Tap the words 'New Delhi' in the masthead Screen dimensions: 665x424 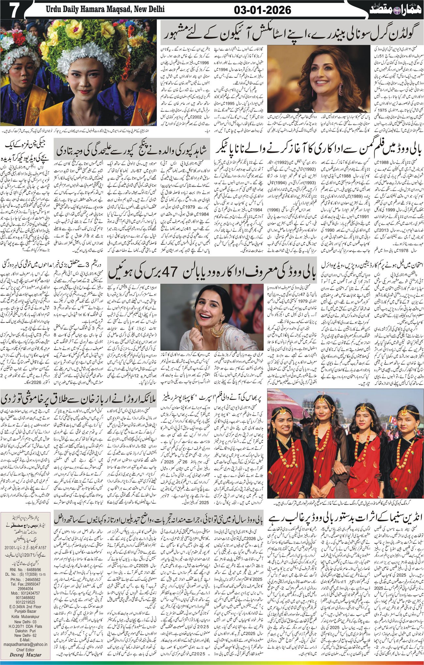tap(144, 10)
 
